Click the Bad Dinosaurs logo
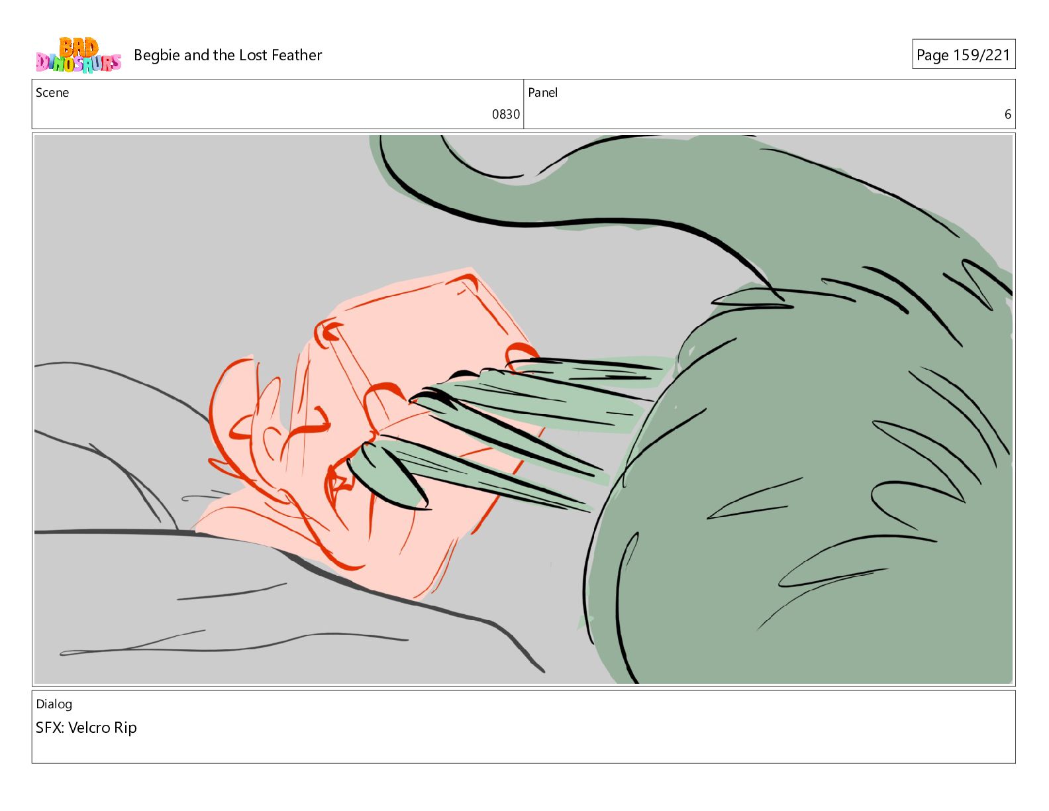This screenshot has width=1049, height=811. pos(78,55)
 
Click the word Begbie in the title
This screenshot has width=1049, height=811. pos(157,56)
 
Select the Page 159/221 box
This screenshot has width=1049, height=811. pos(963,54)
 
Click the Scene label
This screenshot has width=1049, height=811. pos(52,92)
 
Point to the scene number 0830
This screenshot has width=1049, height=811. pos(505,115)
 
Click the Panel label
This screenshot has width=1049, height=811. pos(542,92)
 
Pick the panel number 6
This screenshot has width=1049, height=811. pos(1007,115)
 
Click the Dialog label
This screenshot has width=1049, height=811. pos(54,704)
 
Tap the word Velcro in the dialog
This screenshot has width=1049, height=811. pos(89,728)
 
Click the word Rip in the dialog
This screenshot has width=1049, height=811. pos(126,728)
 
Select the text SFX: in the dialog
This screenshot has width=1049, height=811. pos(50,728)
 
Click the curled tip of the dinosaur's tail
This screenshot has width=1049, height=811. pos(483,167)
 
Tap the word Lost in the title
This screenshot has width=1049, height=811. pos(253,55)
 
